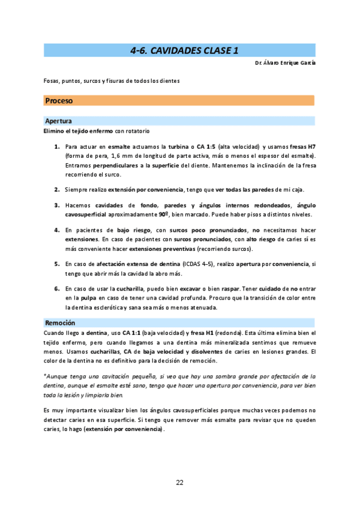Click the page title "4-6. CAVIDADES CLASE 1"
[179, 50]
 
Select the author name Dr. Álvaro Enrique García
[285, 63]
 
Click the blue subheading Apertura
[59, 121]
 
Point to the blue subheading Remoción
[60, 323]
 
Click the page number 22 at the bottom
[179, 482]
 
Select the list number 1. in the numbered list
[57, 146]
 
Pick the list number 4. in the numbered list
[57, 230]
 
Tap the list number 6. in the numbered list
[57, 289]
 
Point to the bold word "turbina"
[179, 146]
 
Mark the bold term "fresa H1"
[204, 333]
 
